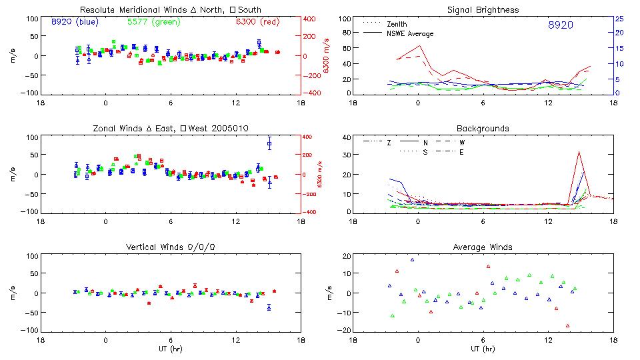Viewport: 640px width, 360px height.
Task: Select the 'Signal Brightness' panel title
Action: click(483, 10)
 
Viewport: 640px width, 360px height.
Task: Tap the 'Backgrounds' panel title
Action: click(483, 128)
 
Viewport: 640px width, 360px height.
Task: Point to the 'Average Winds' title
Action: click(483, 247)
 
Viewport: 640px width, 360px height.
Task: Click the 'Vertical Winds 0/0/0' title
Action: click(171, 247)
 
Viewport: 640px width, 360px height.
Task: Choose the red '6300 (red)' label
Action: click(257, 22)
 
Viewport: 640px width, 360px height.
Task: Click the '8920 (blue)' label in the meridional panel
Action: click(75, 22)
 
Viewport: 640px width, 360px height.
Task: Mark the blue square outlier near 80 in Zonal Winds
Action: click(269, 143)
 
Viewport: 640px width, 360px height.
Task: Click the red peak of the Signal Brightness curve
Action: click(419, 46)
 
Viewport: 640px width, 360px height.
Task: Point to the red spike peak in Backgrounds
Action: click(579, 151)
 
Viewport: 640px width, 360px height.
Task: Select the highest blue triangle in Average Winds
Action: click(412, 260)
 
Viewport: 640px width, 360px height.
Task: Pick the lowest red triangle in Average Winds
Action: click(568, 326)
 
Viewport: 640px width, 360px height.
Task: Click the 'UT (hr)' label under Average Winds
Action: click(483, 349)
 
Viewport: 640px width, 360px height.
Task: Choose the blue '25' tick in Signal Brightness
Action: click(619, 19)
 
